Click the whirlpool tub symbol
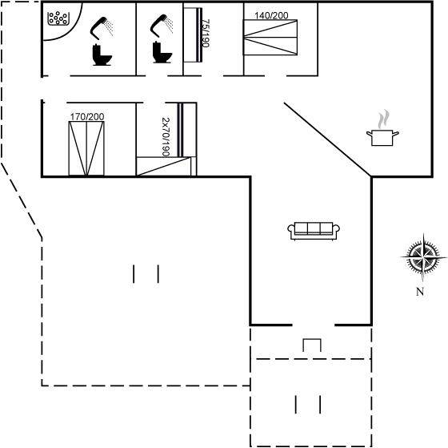58,18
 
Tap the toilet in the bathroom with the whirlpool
102,54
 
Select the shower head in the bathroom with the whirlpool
102,28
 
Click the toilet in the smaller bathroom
162,52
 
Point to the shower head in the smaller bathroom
162,25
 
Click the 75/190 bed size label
206,33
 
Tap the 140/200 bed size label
271,15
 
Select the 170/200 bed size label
87,116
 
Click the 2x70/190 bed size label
166,137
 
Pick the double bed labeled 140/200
270,37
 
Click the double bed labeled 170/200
86,148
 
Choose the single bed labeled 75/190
193,34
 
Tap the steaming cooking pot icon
382,138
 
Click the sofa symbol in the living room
314,231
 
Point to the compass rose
423,257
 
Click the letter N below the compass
420,292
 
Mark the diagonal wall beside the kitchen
327,139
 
